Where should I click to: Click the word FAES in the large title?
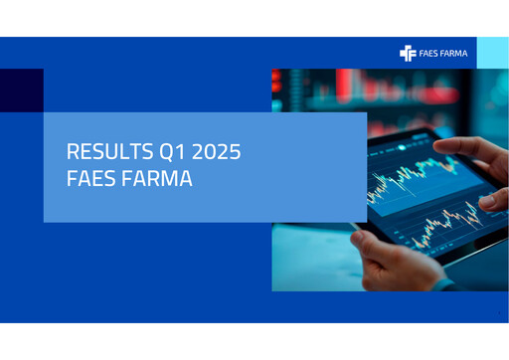(x=89, y=182)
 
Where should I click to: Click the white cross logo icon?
(x=408, y=53)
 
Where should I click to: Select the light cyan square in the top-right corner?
(x=492, y=53)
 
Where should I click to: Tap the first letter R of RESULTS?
(x=72, y=154)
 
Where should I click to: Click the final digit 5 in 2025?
(x=236, y=154)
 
